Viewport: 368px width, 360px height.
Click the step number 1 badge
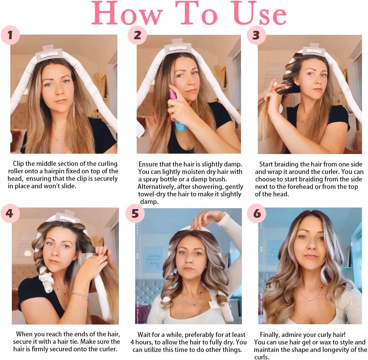(10, 35)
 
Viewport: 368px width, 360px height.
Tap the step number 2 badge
(137, 35)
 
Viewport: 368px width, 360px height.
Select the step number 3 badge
(256, 35)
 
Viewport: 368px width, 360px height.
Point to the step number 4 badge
(10, 213)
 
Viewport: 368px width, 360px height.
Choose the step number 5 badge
(135, 213)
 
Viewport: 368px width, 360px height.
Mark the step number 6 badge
(257, 213)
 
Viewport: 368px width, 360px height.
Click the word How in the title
(127, 13)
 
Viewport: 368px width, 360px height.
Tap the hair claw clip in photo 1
(49, 54)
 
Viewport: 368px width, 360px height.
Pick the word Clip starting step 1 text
(18, 164)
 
